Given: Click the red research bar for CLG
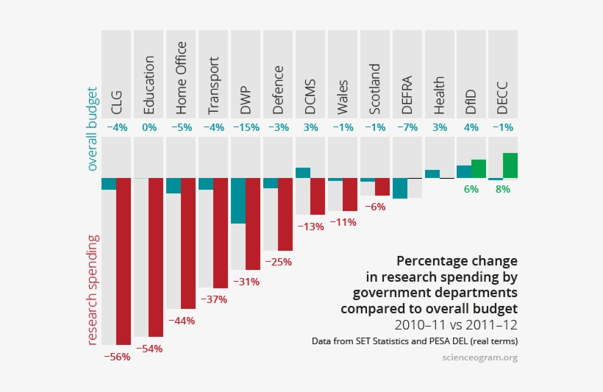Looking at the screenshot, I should point(124,261).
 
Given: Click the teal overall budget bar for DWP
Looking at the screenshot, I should point(238,201).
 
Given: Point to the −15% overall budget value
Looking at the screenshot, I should point(246,127).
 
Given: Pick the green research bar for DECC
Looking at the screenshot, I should point(510,165).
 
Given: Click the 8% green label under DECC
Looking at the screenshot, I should point(503,189).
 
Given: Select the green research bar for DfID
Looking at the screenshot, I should point(479,169).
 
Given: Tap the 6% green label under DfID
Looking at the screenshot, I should point(471,189).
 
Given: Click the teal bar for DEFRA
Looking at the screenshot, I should point(399,188).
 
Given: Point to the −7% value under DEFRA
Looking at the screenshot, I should point(407,127).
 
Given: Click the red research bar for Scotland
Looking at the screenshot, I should point(382,187).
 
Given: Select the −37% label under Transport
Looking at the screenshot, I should point(214,299).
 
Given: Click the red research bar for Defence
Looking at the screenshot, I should point(285,214).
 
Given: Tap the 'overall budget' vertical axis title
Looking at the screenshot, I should point(92,128).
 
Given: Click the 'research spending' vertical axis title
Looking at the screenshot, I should point(92,290).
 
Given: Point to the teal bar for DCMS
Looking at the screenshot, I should point(302,173).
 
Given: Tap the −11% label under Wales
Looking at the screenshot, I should point(343,221).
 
